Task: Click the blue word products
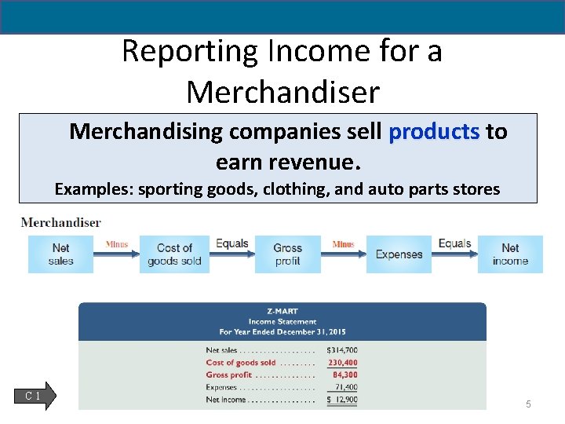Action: [x=434, y=131]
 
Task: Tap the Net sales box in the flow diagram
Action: [x=60, y=254]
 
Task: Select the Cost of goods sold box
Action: [x=174, y=254]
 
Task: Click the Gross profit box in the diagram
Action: [x=288, y=254]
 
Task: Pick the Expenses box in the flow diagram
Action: [x=399, y=254]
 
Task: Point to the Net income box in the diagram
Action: [x=510, y=254]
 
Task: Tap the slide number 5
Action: [x=528, y=404]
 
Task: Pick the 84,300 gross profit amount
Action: [x=344, y=375]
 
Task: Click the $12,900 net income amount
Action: [x=341, y=400]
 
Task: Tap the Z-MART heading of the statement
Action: [x=282, y=311]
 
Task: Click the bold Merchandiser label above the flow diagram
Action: [x=61, y=222]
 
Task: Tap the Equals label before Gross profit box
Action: [x=231, y=243]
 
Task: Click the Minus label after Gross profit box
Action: [x=343, y=244]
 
